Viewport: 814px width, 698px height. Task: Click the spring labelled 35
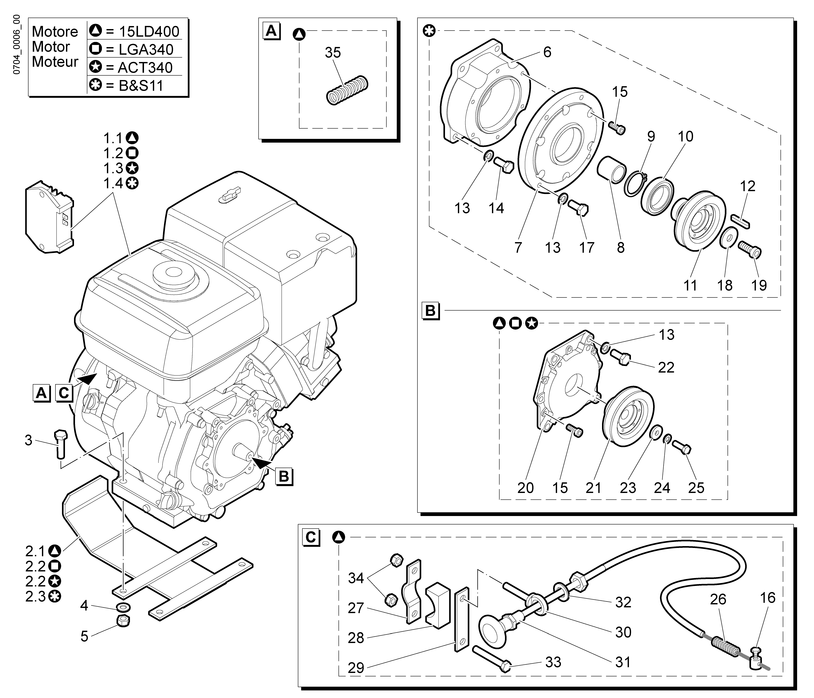348,90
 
